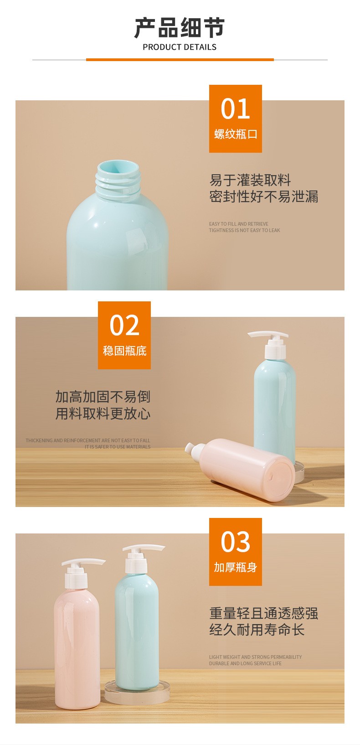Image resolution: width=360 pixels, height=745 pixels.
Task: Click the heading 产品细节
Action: pos(180,28)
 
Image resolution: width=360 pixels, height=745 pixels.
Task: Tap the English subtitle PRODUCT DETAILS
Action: pos(180,47)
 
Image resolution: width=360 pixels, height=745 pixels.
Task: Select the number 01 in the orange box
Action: pos(235,109)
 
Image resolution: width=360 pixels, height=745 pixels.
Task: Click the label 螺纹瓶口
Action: pos(236,135)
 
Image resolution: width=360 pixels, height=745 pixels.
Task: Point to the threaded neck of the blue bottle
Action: pos(118,180)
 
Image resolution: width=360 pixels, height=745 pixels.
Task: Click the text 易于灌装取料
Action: pos(250,180)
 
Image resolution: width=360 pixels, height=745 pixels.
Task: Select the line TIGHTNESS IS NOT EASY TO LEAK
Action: pos(244,230)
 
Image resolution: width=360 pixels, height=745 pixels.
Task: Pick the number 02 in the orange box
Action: pos(124,325)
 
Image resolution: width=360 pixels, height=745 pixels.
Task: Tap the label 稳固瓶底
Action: pos(125,351)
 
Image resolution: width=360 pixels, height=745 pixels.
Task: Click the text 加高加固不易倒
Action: pos(103,397)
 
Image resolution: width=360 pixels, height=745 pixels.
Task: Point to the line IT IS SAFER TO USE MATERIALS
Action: pos(117,447)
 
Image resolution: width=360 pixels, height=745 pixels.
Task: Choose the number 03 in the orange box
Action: pos(235,542)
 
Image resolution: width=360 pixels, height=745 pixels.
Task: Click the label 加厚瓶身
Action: pos(235,567)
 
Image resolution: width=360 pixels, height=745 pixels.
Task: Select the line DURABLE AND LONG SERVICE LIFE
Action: pos(245,663)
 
